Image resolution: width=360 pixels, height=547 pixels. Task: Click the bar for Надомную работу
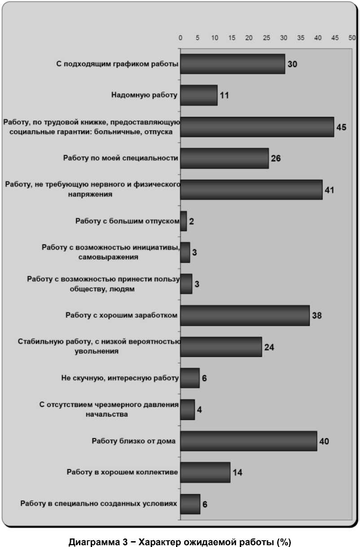pos(199,95)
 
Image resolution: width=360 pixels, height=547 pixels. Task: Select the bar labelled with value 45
pos(257,127)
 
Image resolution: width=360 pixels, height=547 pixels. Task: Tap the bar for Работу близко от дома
pos(249,441)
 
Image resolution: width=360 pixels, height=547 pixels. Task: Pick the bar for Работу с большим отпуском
pos(184,221)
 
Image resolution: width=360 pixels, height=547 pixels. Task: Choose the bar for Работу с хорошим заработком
pos(245,315)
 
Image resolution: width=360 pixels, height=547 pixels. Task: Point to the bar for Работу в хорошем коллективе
pos(205,473)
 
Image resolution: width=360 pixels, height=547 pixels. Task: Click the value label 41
pos(329,190)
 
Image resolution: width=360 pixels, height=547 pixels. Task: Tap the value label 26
pos(276,158)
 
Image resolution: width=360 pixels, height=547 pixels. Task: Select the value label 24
pos(269,347)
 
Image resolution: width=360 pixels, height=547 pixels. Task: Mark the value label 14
pos(237,473)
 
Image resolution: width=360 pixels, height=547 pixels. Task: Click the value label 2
pos(191,221)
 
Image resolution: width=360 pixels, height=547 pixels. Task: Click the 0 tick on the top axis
pos(180,38)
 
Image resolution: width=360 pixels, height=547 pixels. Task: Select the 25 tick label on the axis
pos(266,38)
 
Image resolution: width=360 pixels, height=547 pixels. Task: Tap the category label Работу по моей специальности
pos(120,158)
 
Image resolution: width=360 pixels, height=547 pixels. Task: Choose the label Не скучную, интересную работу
pos(120,378)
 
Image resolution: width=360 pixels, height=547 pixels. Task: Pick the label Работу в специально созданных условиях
pos(99,503)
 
